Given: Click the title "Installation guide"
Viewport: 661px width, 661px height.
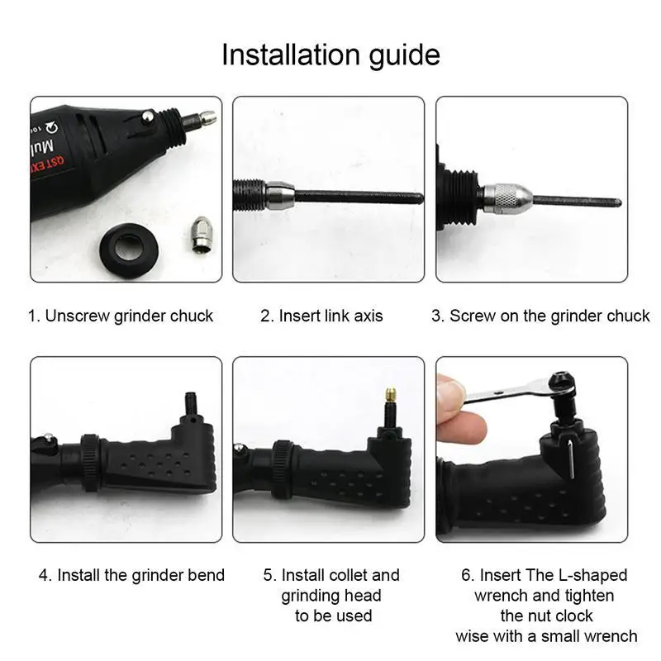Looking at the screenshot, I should [x=330, y=55].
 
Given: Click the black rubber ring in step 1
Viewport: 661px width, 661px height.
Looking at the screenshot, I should [x=129, y=245].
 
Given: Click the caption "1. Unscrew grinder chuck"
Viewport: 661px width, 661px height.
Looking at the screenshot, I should [x=121, y=316].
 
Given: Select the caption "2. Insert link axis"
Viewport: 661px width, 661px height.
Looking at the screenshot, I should [x=321, y=316].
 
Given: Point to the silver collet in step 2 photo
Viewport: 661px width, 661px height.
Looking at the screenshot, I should [x=278, y=196].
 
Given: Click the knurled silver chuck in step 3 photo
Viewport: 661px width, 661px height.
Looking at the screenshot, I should [x=507, y=199].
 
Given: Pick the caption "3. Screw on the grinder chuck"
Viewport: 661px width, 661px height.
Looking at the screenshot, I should [x=540, y=316].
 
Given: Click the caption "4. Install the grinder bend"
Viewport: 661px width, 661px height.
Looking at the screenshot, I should [x=131, y=575].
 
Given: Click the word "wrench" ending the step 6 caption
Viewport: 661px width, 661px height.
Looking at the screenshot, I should [x=607, y=635].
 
